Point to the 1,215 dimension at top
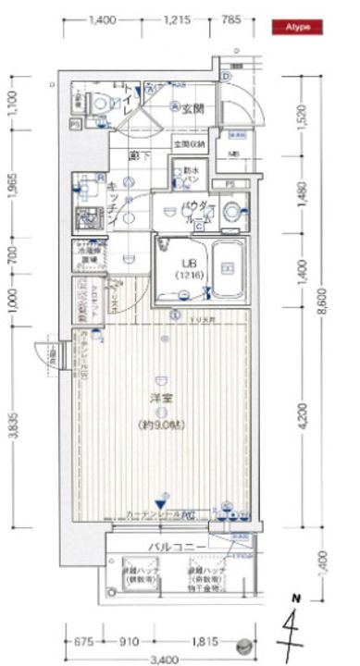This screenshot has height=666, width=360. click(x=180, y=18)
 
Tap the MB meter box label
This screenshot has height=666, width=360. click(x=233, y=154)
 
